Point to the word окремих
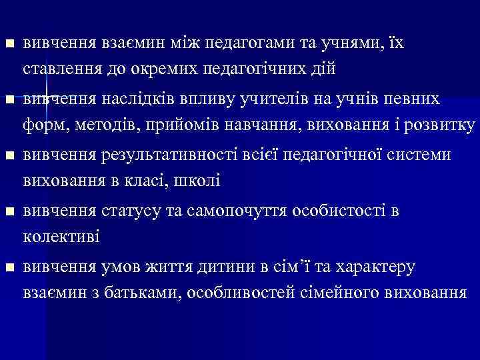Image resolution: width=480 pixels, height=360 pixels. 161,68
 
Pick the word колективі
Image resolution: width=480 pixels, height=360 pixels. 61,235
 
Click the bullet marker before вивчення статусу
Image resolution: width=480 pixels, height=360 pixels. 8,213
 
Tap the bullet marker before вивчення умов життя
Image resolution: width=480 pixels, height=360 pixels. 8,269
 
